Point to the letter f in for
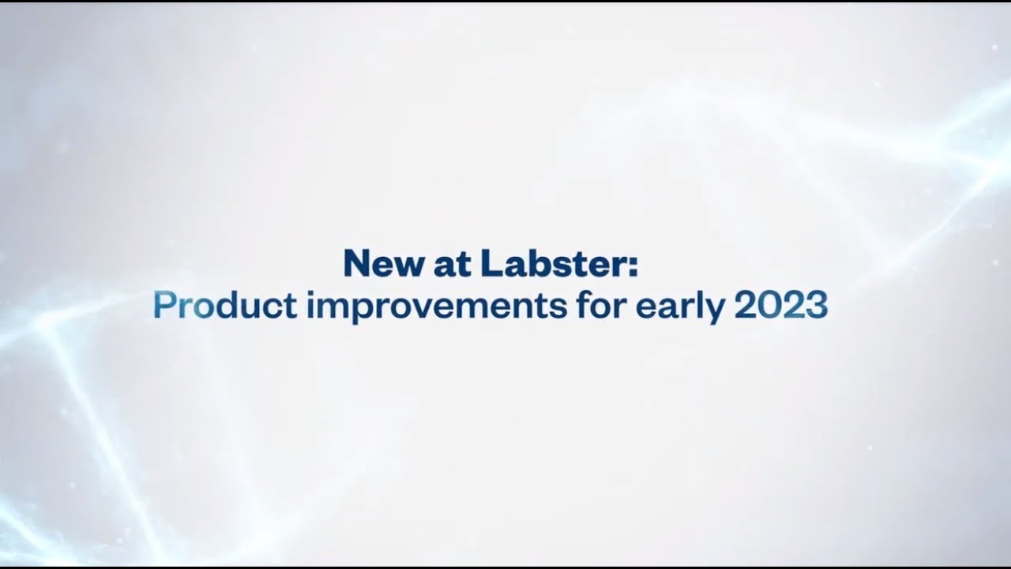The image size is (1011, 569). (x=583, y=306)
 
